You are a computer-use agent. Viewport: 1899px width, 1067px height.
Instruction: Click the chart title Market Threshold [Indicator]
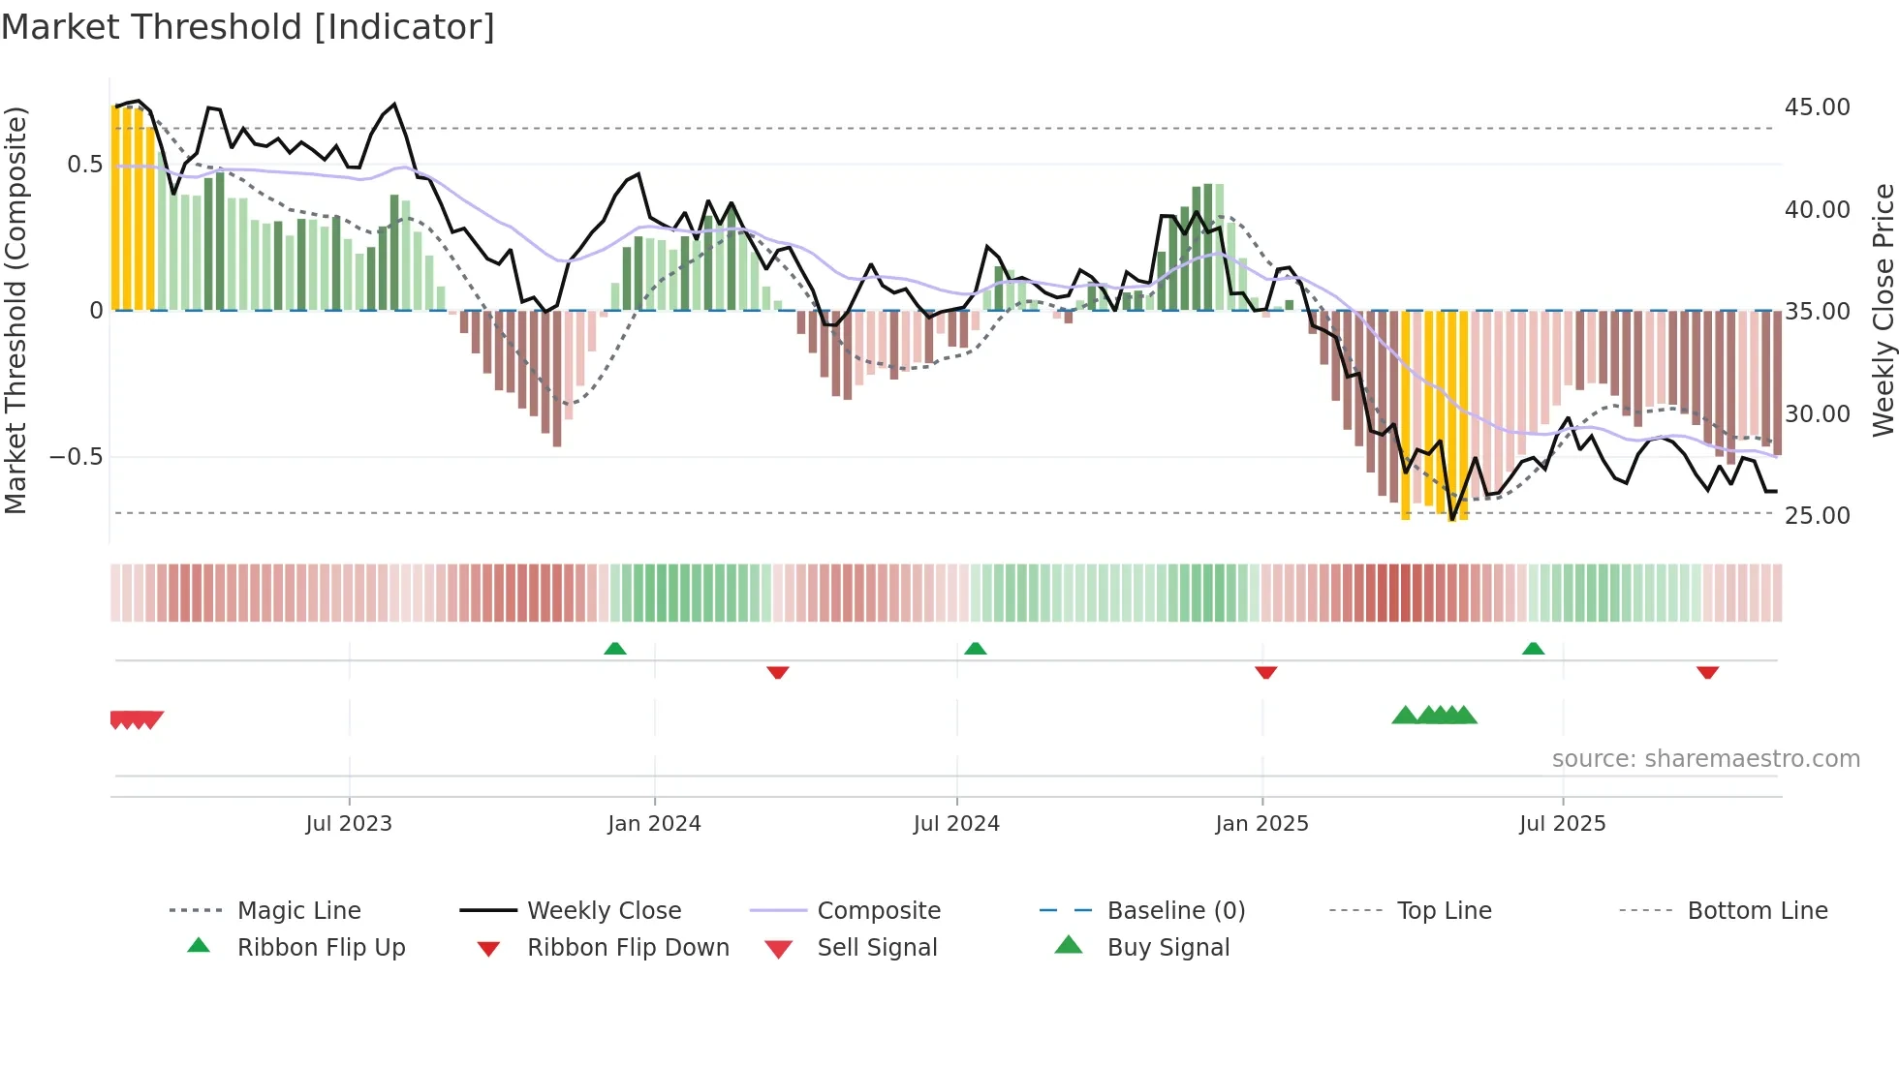[248, 27]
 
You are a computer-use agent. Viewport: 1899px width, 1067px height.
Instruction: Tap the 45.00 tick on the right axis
[1817, 107]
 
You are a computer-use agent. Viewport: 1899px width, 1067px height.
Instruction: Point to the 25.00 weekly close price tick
[1817, 515]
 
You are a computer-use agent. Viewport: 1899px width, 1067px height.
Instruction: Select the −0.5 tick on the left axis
[76, 456]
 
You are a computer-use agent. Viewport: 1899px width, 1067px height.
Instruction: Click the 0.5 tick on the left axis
[84, 164]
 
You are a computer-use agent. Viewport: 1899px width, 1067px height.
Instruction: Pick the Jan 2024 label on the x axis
[654, 824]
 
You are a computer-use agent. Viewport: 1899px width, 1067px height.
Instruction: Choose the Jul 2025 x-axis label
[1562, 824]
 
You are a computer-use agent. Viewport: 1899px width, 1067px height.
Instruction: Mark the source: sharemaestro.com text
[1705, 759]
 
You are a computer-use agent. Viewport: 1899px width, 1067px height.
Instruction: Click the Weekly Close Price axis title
[1883, 310]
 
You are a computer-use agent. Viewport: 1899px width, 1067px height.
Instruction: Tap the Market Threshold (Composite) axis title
[16, 310]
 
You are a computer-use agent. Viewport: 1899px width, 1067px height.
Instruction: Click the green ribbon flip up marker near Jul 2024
[975, 649]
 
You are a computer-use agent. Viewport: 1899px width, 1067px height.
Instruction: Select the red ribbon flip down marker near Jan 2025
[1265, 672]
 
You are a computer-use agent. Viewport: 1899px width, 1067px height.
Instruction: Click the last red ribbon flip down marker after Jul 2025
[1707, 672]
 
